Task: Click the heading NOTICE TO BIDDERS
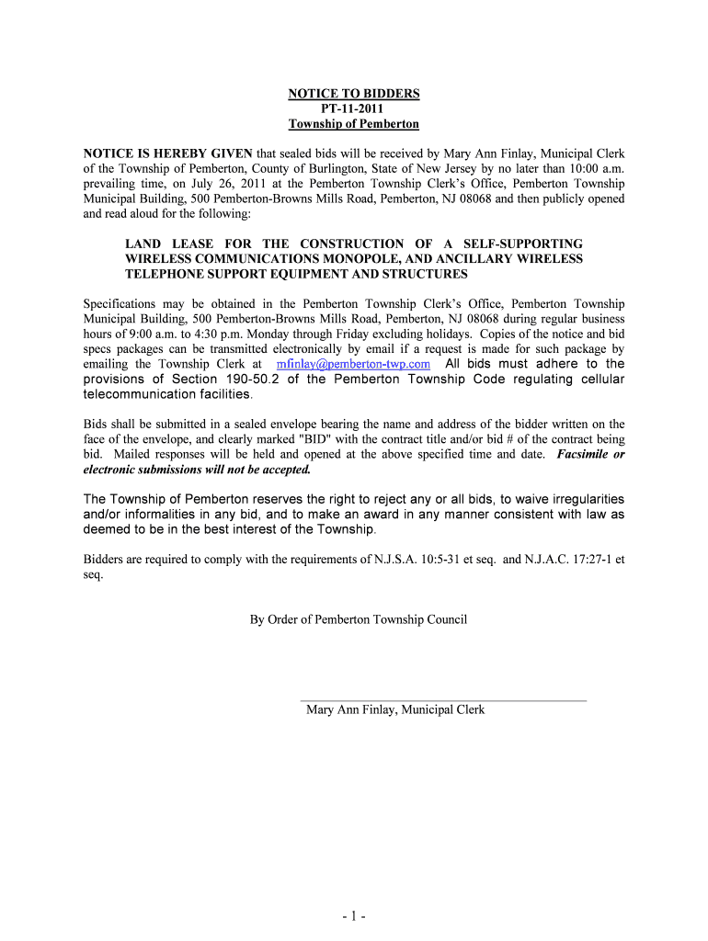354,94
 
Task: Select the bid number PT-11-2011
354,108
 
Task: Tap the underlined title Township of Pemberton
354,124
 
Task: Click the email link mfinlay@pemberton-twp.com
353,364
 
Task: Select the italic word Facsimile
584,454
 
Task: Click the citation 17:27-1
583,559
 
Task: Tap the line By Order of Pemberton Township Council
359,619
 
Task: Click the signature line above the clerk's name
443,700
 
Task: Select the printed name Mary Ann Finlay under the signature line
350,709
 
